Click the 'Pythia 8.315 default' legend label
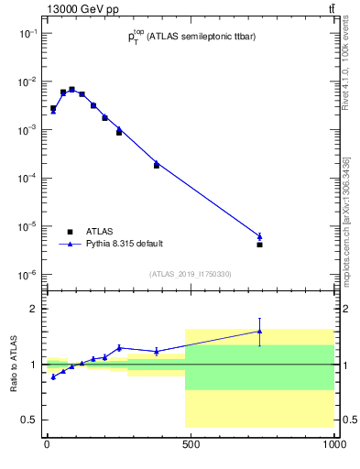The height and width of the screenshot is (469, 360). tap(125, 244)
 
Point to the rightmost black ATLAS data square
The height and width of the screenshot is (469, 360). tap(260, 245)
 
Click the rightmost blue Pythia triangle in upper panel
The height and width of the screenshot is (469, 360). tap(260, 236)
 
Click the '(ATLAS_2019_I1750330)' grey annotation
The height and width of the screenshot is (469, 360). tap(189, 274)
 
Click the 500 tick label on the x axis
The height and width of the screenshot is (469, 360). tap(191, 445)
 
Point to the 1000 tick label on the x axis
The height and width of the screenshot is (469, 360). tap(333, 445)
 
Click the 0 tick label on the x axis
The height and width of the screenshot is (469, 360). tap(47, 445)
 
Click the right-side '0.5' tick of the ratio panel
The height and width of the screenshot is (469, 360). tap(347, 420)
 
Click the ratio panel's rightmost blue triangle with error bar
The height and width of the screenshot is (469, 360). tap(260, 332)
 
